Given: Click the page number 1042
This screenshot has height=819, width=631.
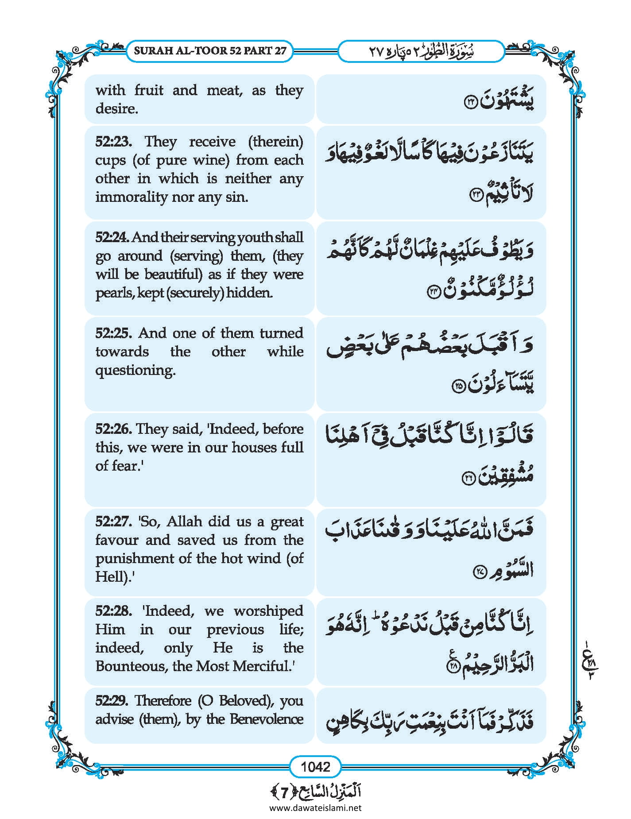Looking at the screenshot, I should [x=315, y=766].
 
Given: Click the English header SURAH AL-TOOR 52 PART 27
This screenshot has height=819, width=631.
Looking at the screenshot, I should [x=210, y=50].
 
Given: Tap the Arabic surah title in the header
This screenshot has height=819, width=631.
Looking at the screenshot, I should [x=421, y=51].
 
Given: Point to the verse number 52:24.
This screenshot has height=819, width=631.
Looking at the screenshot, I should [x=112, y=238].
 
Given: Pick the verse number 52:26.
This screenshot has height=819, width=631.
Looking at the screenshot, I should [x=113, y=429].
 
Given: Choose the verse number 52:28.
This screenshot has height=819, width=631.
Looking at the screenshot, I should [x=113, y=611].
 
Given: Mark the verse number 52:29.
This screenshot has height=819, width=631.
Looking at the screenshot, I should [x=112, y=700].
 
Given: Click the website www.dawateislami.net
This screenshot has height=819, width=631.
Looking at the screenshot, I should [x=315, y=807].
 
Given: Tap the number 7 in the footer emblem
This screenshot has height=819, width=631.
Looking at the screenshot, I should [x=284, y=791].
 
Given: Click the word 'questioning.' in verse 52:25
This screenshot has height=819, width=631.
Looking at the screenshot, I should [x=135, y=371].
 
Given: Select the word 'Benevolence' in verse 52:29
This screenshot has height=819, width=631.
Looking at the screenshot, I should [x=267, y=719].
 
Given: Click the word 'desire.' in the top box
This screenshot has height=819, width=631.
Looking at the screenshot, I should [x=117, y=109].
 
